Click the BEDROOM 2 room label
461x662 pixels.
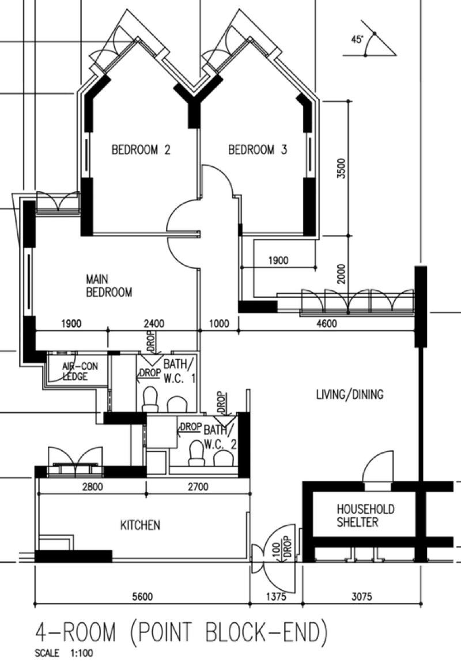click(141, 150)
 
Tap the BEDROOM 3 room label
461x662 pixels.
click(258, 150)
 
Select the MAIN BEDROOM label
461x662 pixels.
click(109, 286)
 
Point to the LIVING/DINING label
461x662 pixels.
click(350, 395)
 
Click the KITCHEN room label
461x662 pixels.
click(141, 525)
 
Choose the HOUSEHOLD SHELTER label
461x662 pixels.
click(366, 515)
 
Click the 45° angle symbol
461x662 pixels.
click(369, 44)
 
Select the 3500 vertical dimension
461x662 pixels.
click(342, 169)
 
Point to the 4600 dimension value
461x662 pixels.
click(327, 324)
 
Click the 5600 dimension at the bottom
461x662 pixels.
click(142, 597)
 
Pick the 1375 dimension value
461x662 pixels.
click(276, 597)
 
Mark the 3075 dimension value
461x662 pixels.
click(361, 597)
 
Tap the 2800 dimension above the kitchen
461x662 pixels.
click(92, 487)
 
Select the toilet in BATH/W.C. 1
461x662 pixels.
click(150, 399)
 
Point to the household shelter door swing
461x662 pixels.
click(377, 467)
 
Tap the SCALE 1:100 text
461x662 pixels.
click(64, 653)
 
